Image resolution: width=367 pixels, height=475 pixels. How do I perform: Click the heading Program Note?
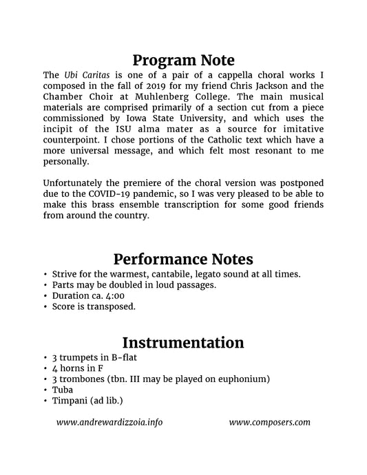coord(183,60)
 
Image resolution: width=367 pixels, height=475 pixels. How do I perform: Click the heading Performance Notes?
coord(183,259)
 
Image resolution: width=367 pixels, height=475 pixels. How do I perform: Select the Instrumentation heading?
coord(183,342)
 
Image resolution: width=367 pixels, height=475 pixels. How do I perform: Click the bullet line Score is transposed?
coord(93,307)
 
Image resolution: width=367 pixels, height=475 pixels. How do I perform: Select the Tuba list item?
coord(63,390)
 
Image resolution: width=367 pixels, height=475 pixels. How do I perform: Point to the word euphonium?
coord(241,379)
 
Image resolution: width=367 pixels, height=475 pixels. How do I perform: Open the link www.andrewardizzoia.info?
coord(110,422)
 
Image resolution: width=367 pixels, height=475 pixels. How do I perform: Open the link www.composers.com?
coord(269,422)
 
